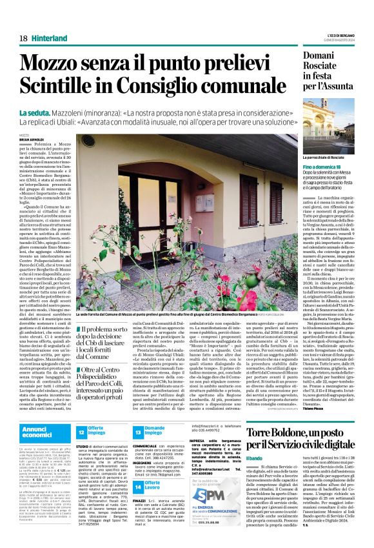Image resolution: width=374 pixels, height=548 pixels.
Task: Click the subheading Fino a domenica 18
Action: point(315,167)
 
